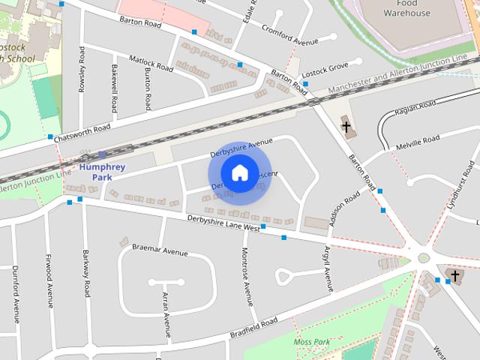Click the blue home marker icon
click(x=239, y=173)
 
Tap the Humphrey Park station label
click(x=102, y=171)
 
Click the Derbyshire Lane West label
click(x=223, y=223)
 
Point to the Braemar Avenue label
click(x=160, y=250)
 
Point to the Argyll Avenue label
click(x=328, y=268)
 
